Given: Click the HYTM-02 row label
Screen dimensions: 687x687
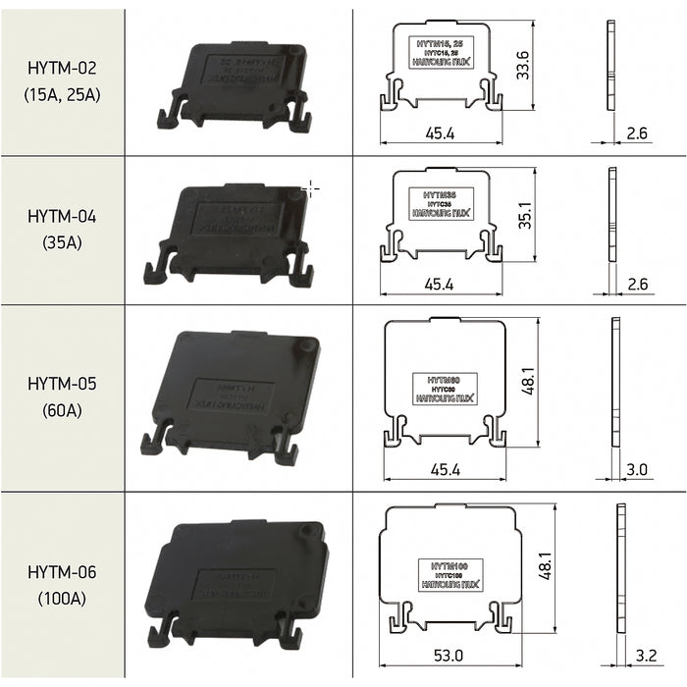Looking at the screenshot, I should [63, 69].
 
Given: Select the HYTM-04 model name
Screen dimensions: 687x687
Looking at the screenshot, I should [63, 216].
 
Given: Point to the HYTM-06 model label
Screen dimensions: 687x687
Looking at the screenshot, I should [63, 571].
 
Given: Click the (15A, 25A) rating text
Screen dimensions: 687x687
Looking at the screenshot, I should [63, 95].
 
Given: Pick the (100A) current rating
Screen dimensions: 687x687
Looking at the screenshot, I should [63, 598].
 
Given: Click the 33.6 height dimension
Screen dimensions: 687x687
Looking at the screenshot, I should [523, 65].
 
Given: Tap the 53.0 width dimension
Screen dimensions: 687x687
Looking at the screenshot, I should [449, 655].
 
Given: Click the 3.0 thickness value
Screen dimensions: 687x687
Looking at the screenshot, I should [637, 470].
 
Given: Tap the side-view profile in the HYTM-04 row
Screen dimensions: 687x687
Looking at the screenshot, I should [612, 215].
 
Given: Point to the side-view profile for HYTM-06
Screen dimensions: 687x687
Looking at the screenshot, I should [620, 570].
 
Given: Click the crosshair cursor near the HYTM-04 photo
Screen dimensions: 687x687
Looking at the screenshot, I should [310, 188].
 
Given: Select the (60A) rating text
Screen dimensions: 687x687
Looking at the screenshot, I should [63, 410].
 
